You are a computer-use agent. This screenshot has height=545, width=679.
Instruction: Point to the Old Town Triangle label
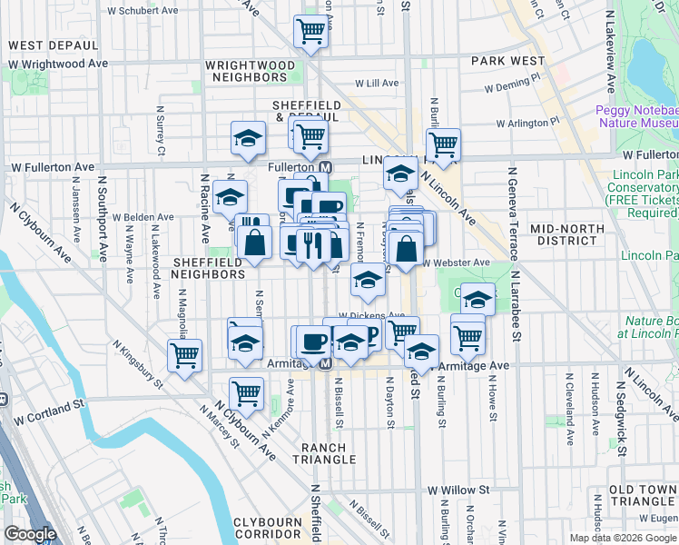643,495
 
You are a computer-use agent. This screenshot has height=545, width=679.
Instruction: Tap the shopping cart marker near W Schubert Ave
310,32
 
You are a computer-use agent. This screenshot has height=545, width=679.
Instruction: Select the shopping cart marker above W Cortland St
246,392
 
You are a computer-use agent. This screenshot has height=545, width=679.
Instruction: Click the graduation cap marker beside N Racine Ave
231,196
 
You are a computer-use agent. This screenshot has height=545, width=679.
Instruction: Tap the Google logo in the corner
30,534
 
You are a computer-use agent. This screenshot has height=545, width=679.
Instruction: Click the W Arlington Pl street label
527,123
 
